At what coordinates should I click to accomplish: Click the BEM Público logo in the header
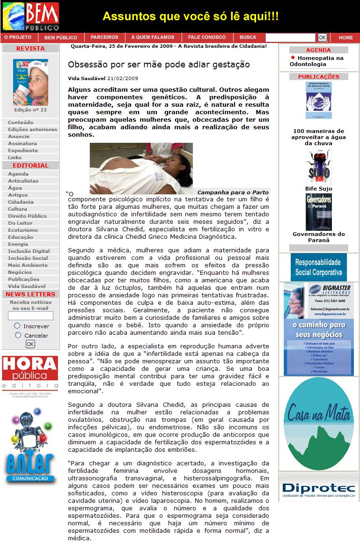31,16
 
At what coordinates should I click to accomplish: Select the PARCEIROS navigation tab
104,37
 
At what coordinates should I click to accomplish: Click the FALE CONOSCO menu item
206,37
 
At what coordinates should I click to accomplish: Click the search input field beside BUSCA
290,37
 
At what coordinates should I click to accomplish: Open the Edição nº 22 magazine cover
30,82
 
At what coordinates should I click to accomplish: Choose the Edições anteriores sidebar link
32,130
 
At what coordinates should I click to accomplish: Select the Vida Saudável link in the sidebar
27,286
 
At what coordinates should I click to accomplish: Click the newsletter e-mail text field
30,316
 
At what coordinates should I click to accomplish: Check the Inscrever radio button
17,325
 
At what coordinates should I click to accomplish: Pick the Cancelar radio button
18,335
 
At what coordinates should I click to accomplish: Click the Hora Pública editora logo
30,373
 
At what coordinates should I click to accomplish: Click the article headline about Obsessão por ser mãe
159,65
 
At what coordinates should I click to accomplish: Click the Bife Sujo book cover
319,167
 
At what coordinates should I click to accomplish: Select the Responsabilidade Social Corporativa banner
318,267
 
